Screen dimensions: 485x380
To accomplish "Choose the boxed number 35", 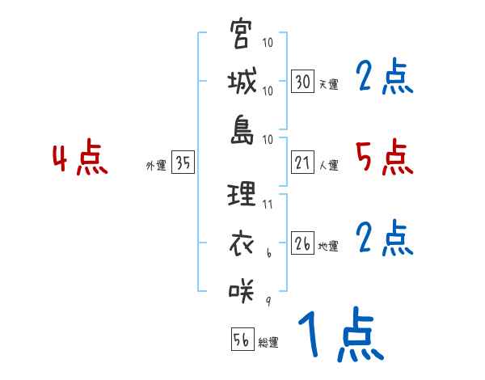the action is coord(183,163).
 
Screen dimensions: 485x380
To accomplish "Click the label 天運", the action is coord(328,84).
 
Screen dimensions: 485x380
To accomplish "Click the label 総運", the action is coord(268,342).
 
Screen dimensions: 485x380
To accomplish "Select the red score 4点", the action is coord(80,158).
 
